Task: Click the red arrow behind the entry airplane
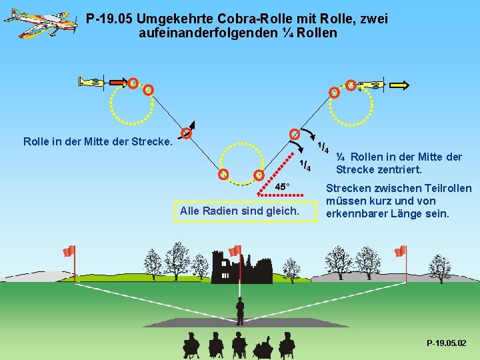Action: click(118, 83)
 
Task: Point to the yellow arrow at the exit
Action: click(401, 85)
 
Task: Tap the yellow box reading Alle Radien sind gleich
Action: click(239, 211)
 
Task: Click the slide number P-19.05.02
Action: click(447, 343)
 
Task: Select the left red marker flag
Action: click(69, 251)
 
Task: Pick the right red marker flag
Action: click(399, 251)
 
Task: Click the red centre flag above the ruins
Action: click(235, 251)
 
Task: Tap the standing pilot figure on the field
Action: click(240, 311)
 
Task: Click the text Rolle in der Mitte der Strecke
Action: click(97, 141)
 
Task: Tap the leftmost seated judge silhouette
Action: click(191, 344)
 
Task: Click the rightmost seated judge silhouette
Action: click(287, 344)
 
